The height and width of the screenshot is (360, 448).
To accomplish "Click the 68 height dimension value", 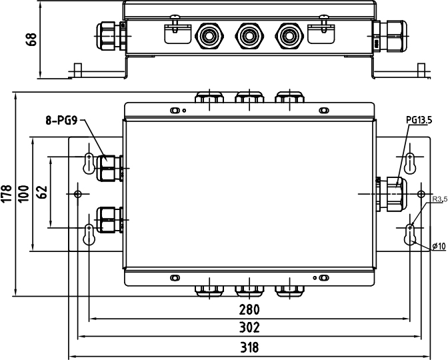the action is coord(31,39).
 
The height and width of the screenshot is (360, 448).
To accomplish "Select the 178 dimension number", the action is coord(7,194).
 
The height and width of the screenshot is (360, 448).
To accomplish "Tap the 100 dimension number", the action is coord(24,194).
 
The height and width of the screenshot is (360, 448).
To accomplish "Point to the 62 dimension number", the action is coord(42,192).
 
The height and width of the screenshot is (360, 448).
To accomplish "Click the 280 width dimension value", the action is coord(249,309).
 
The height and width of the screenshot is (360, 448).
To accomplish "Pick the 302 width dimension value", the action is coord(249,327).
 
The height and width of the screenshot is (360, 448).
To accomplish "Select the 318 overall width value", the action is coord(249,347).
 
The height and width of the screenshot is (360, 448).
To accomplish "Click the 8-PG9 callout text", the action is coord(61,120).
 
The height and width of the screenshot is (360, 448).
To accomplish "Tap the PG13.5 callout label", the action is coord(419,120).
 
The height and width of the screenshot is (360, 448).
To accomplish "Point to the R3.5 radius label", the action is coord(440,199).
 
